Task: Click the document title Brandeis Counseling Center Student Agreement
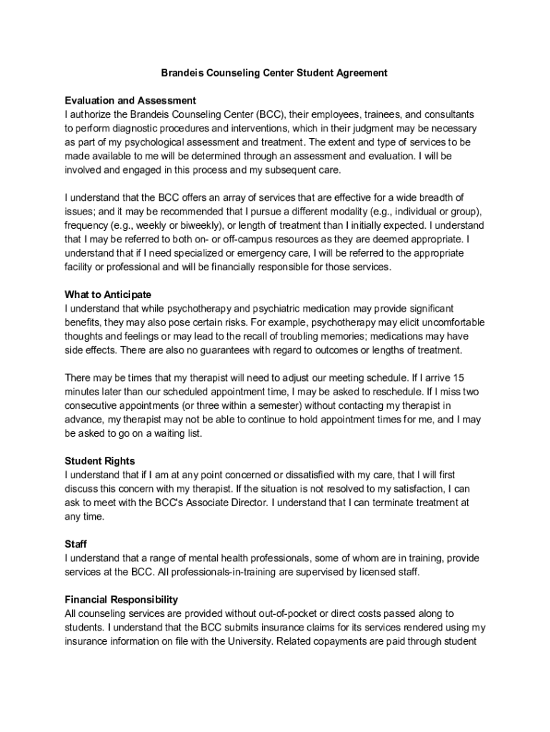(x=274, y=73)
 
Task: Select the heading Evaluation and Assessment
(x=130, y=100)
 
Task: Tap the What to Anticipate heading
(x=108, y=295)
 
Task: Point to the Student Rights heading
(x=99, y=461)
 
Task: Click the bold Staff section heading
(x=76, y=544)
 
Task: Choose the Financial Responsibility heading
(x=121, y=600)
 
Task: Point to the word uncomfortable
(x=449, y=322)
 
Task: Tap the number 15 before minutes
(x=460, y=377)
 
